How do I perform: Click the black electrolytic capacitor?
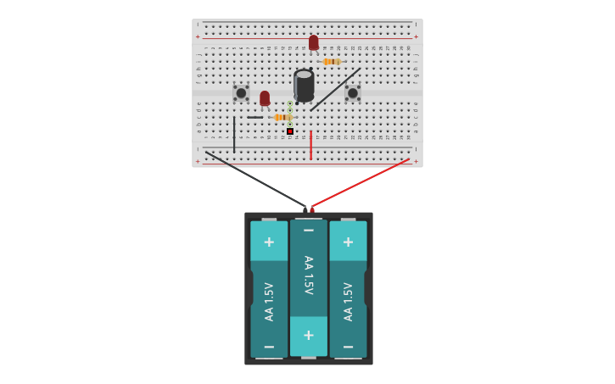coord(304,86)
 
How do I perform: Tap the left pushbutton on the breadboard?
coord(241,92)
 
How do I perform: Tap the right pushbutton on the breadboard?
coord(353,92)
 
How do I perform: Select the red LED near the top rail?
coord(314,42)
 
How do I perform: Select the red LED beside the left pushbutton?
coord(265,98)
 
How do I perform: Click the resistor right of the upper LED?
coord(332,62)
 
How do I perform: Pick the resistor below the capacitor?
coord(282,117)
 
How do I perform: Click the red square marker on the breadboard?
coord(290,131)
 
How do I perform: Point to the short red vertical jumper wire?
coord(310,145)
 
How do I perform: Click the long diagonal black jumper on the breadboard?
coord(334,90)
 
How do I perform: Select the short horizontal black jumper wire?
coord(254,117)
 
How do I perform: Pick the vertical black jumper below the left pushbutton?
coord(234,134)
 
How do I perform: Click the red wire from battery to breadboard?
coord(361,182)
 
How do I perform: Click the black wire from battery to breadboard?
coord(254,180)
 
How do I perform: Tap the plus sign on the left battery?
coord(269,242)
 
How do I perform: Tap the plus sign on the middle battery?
coord(309,335)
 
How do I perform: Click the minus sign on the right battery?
coord(348,347)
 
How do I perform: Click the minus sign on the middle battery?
coord(309,231)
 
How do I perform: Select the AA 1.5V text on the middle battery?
coord(309,275)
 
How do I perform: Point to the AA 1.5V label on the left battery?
coord(269,301)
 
